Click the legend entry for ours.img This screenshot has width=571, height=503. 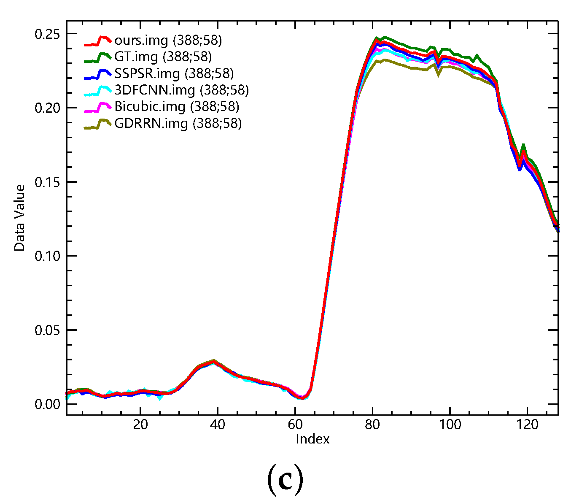(168, 41)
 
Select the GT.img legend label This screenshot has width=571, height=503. (163, 57)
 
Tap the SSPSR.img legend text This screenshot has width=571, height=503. (174, 73)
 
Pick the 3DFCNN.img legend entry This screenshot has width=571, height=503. (181, 90)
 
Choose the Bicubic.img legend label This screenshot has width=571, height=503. (177, 106)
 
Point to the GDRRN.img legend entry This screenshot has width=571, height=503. (178, 123)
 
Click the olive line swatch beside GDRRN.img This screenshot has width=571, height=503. (97, 124)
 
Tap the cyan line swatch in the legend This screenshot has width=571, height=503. (97, 91)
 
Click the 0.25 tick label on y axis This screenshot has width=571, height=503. (47, 34)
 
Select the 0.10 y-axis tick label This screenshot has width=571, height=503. (47, 256)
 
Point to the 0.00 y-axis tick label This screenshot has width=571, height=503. (47, 404)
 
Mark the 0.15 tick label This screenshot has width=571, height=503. (47, 182)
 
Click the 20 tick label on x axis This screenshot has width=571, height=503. (140, 425)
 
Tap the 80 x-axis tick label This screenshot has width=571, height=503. (373, 425)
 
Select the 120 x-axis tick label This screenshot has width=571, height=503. (528, 425)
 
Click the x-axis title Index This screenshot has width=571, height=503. (312, 439)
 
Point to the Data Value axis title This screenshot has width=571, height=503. (19, 218)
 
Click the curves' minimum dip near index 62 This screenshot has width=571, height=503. (302, 398)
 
